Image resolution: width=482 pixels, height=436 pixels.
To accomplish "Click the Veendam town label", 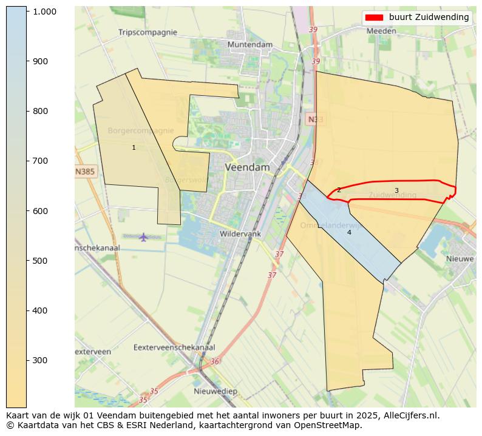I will click(247, 167).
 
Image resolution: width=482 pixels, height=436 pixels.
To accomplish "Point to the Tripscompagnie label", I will click(148, 32).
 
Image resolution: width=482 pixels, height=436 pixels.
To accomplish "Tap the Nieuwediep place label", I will click(215, 391).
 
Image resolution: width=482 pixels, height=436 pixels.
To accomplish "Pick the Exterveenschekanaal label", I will click(174, 347).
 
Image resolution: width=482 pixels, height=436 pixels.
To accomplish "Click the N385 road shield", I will click(85, 172).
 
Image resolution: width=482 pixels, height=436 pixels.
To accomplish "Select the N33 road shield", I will click(314, 119).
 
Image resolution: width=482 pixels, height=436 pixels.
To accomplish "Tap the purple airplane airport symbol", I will click(143, 236).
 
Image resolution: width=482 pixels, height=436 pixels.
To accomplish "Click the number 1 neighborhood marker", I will click(134, 148).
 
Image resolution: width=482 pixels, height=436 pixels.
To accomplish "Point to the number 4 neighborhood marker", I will click(349, 232).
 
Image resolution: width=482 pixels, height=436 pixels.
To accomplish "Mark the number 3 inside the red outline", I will click(396, 190).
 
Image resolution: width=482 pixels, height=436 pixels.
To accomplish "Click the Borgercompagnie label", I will click(141, 130).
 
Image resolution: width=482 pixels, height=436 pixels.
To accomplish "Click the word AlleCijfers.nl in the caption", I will click(410, 415).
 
